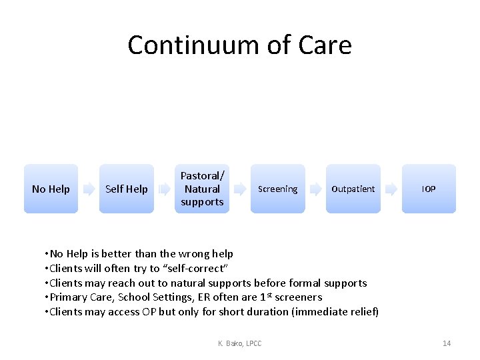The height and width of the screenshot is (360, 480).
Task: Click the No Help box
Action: [51, 189]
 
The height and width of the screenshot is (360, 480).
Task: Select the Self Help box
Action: [127, 189]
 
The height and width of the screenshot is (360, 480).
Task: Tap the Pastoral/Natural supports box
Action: [202, 189]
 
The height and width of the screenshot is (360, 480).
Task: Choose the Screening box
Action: [277, 189]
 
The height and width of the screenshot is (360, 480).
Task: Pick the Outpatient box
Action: [353, 189]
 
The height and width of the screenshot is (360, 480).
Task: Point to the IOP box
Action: [429, 189]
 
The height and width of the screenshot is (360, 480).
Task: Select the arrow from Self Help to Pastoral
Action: [164, 189]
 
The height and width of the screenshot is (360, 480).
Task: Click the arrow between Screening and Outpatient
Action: [315, 189]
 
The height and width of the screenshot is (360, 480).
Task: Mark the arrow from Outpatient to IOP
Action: [391, 189]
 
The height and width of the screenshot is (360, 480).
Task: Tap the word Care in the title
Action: [325, 45]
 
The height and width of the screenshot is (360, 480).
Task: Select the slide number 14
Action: [447, 343]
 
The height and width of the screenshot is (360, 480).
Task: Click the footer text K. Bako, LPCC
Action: [239, 343]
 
